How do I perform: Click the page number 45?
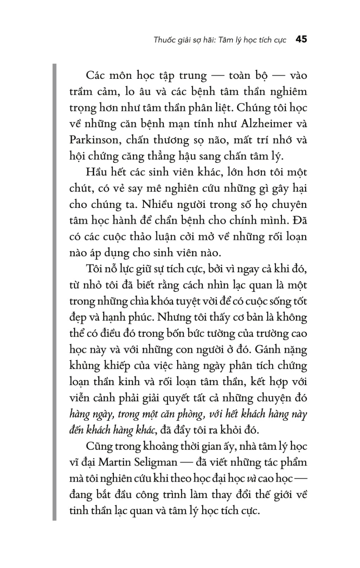301,39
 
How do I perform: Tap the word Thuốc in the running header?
164,40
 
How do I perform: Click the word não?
217,140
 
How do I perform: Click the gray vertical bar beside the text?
54,292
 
